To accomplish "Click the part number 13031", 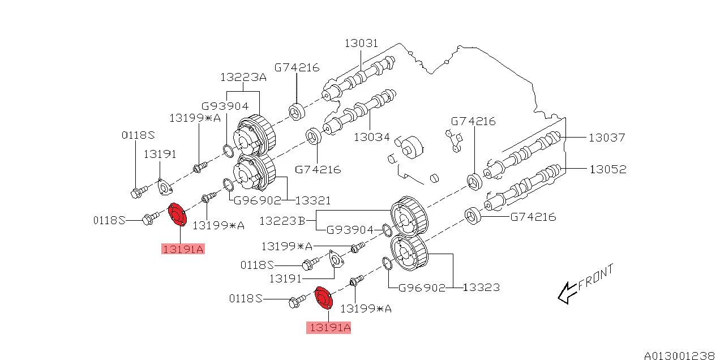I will (x=362, y=44).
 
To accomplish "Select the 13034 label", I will (x=372, y=136).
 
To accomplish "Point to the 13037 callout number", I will (x=606, y=137).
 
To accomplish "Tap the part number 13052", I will (x=608, y=169).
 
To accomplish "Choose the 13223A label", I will (x=243, y=78).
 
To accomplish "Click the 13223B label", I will (x=281, y=221).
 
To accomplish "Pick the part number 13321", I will (x=312, y=200).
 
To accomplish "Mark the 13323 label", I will (x=481, y=288).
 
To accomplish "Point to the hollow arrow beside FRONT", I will (x=567, y=293).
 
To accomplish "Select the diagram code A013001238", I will (x=679, y=355).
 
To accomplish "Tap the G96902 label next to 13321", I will (x=258, y=200).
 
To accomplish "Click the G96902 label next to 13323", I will (x=422, y=288).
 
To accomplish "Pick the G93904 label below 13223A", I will (x=225, y=106).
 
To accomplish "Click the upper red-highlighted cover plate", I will (x=178, y=215).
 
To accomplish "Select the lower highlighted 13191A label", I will (x=328, y=327).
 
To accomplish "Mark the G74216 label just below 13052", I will (x=533, y=217).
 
